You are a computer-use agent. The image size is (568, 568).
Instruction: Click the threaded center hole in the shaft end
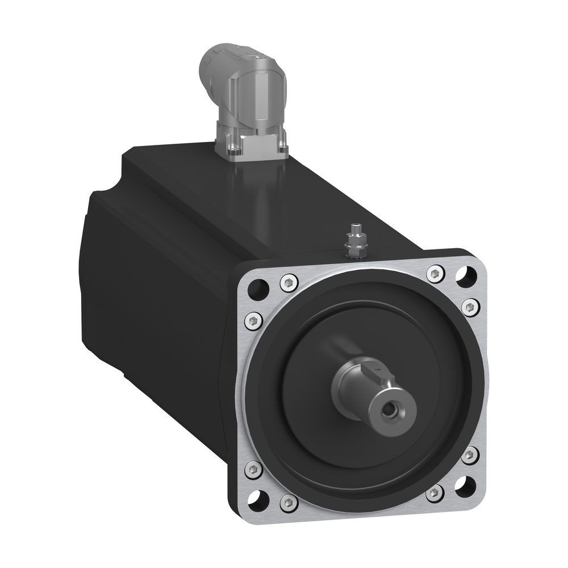point(390,408)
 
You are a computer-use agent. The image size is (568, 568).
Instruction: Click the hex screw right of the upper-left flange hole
point(288,281)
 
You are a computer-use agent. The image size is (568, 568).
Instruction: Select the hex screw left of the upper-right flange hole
point(435,274)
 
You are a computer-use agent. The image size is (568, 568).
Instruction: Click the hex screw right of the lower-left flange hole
point(288,502)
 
